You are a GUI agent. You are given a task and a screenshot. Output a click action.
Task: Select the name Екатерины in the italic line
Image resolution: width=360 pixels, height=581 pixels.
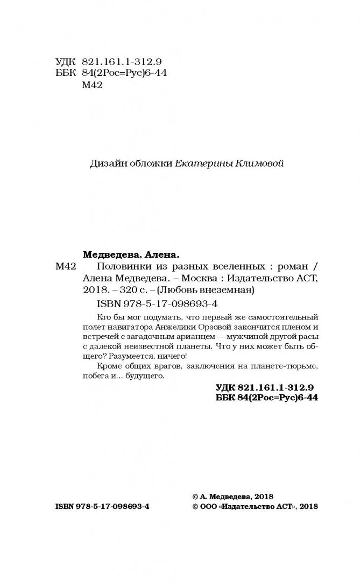pos(204,164)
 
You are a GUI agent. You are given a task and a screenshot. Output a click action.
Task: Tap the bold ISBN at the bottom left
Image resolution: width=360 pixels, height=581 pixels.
pos(102,507)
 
